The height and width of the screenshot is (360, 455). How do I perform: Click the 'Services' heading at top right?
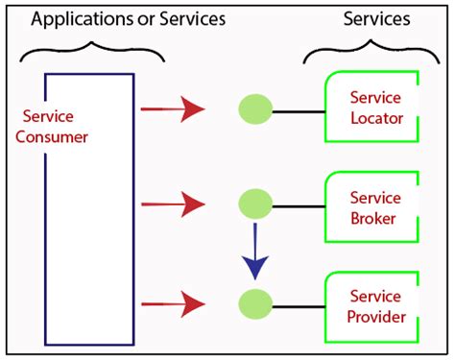point(376,18)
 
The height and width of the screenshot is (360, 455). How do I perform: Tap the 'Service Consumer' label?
point(53,125)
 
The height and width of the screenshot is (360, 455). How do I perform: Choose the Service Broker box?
point(374,208)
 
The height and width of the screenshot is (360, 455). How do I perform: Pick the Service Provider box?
point(374,305)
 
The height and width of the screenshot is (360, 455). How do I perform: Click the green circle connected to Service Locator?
point(255,109)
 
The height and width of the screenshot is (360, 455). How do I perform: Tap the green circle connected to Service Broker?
point(255,204)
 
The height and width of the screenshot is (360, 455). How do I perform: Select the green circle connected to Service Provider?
point(255,303)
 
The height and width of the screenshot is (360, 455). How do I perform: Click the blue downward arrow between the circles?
point(255,252)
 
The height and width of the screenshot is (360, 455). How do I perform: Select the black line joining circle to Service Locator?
point(299,110)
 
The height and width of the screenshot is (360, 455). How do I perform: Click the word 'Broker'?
point(374,219)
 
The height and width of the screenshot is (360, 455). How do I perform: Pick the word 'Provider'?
point(376,316)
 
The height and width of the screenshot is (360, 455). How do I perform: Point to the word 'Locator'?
point(376,119)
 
